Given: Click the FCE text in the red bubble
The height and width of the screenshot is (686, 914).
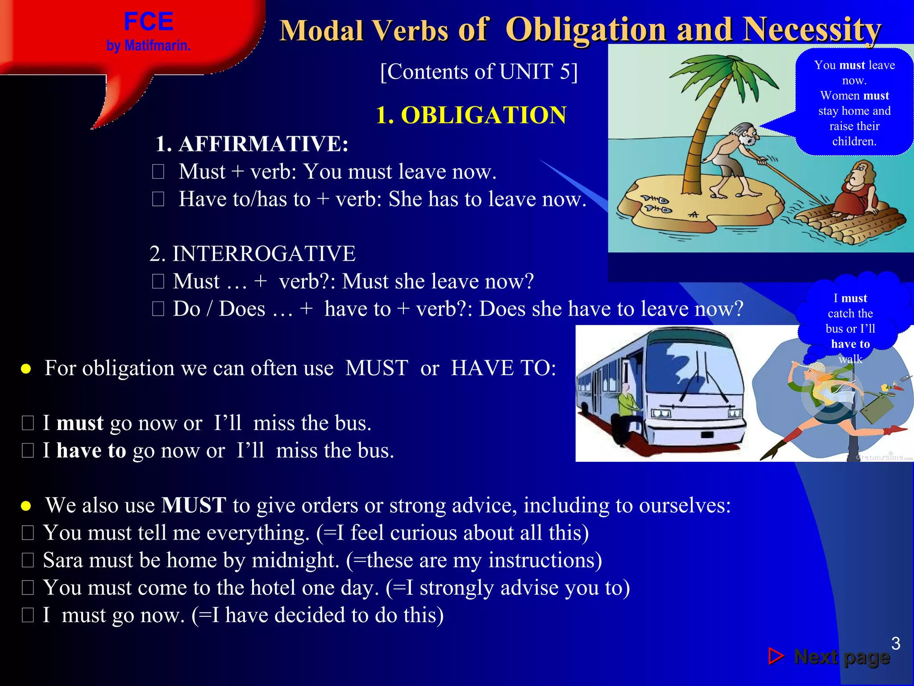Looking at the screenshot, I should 148,21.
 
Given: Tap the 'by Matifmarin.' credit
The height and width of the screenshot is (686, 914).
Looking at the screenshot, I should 148,46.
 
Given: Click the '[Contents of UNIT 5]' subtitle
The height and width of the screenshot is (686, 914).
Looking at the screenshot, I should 478,71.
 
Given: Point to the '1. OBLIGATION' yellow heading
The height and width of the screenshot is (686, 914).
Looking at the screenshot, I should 470,115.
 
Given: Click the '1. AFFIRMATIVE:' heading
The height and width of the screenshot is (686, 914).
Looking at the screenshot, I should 252,144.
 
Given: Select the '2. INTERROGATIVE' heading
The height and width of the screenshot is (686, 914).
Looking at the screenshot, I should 253,254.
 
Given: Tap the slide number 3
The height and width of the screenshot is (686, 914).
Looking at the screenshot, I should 895,644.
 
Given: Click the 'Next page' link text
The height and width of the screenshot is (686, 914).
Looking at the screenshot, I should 842,657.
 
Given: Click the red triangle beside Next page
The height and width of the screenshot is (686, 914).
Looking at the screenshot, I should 776,656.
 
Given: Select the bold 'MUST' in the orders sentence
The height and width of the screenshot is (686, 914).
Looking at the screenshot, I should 194,505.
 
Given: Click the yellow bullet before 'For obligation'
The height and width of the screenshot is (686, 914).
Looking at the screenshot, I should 26,369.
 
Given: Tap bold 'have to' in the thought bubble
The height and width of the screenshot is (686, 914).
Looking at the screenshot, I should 850,344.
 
